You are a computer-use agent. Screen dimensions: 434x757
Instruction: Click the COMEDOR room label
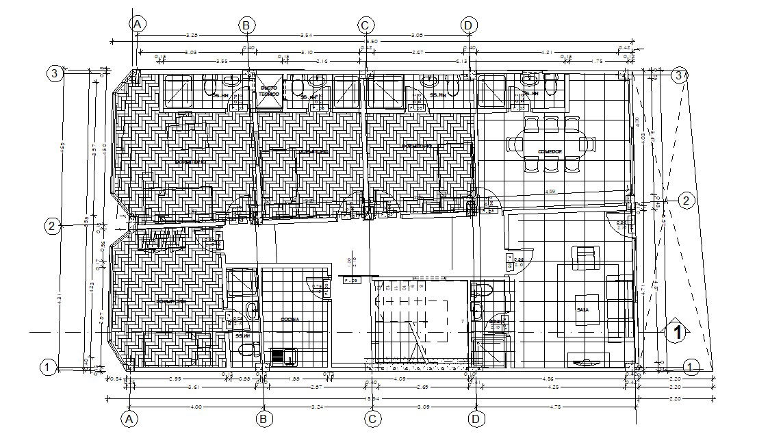point(549,152)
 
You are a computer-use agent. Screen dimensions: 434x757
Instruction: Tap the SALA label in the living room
point(582,310)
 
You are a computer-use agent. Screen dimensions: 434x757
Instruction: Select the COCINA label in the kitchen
point(291,320)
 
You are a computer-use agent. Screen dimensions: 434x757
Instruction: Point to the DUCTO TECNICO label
point(268,91)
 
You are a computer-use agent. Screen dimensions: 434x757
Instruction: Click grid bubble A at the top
point(138,25)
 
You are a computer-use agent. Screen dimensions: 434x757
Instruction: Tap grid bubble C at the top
point(365,25)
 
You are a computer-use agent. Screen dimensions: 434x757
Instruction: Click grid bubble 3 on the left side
point(54,74)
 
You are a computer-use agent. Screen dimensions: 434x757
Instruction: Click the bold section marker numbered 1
point(677,333)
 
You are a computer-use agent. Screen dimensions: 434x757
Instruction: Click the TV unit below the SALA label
point(588,361)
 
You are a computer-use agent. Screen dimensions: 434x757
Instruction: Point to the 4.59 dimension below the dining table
point(550,192)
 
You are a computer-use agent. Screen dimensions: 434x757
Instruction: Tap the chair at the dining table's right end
point(590,144)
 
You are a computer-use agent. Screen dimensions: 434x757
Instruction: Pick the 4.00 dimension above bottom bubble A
point(195,407)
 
